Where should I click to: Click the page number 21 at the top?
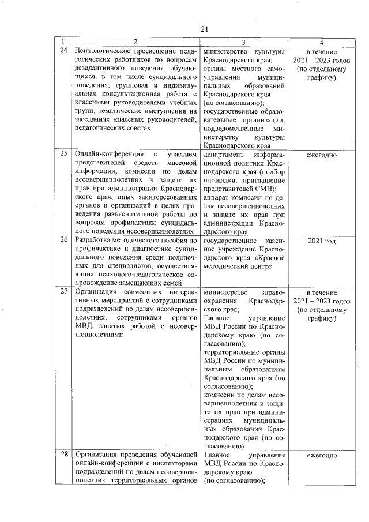(x=204, y=29)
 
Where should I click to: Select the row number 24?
(x=63, y=51)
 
